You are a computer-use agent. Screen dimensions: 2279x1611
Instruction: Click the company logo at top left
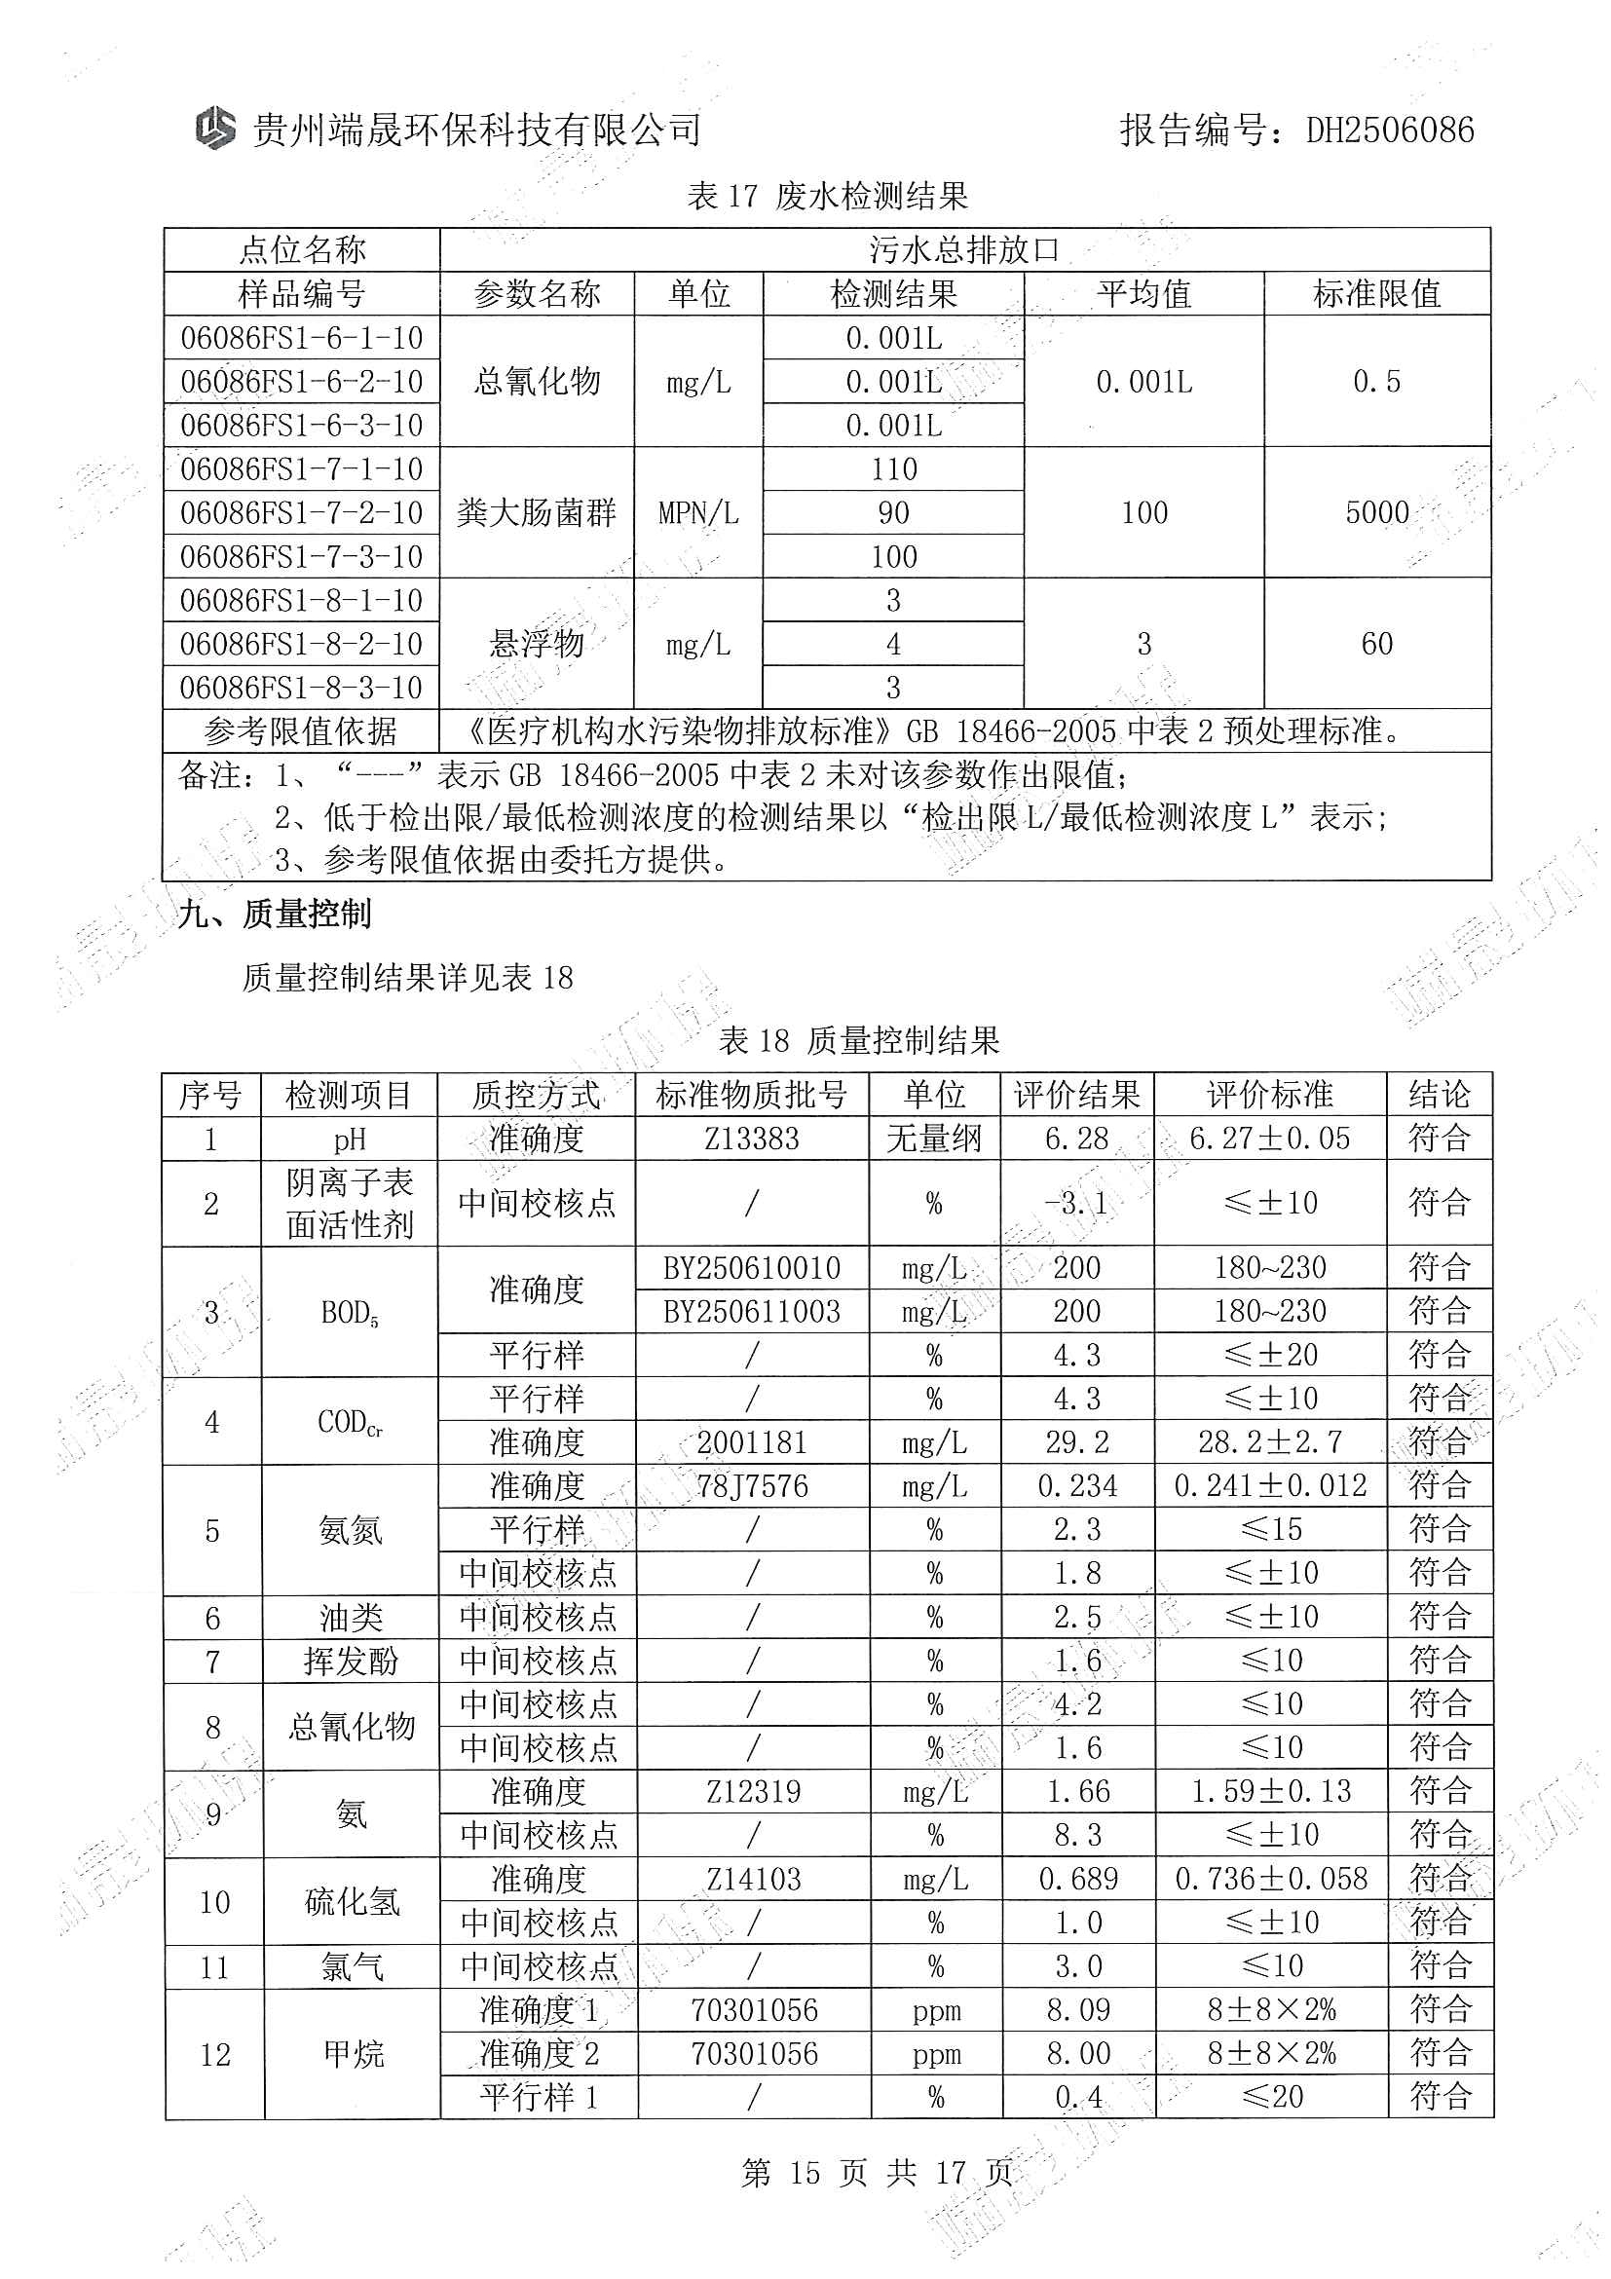tap(214, 129)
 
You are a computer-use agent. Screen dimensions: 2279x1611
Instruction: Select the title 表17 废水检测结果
tap(827, 197)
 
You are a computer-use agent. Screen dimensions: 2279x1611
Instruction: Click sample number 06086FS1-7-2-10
tap(302, 513)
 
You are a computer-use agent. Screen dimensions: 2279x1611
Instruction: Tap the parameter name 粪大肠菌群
tap(537, 513)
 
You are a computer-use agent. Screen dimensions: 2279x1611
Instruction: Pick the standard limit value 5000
tap(1376, 513)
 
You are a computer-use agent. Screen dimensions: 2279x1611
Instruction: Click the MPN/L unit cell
tap(698, 513)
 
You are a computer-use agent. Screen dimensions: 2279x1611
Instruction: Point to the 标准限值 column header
tap(1376, 294)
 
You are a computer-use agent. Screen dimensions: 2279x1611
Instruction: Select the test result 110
tap(893, 469)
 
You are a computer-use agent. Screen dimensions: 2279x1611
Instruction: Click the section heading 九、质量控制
tap(275, 915)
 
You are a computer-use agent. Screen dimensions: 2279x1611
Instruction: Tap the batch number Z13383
tap(751, 1139)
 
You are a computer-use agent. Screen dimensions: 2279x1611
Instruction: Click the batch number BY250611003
tap(751, 1312)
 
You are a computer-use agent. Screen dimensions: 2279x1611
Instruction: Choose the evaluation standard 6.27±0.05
tap(1269, 1139)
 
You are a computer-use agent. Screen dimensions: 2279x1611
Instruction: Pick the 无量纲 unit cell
tap(934, 1139)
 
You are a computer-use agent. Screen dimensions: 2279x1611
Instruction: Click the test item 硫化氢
tap(352, 1902)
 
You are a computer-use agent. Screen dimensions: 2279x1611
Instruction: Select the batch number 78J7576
tap(751, 1486)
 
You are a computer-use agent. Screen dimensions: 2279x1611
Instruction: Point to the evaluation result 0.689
tap(1078, 1879)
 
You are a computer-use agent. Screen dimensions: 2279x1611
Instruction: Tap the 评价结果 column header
tap(1077, 1095)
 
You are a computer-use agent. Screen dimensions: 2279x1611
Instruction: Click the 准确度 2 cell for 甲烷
tap(539, 2053)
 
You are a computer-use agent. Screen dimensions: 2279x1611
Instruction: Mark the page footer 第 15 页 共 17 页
tap(877, 2173)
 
